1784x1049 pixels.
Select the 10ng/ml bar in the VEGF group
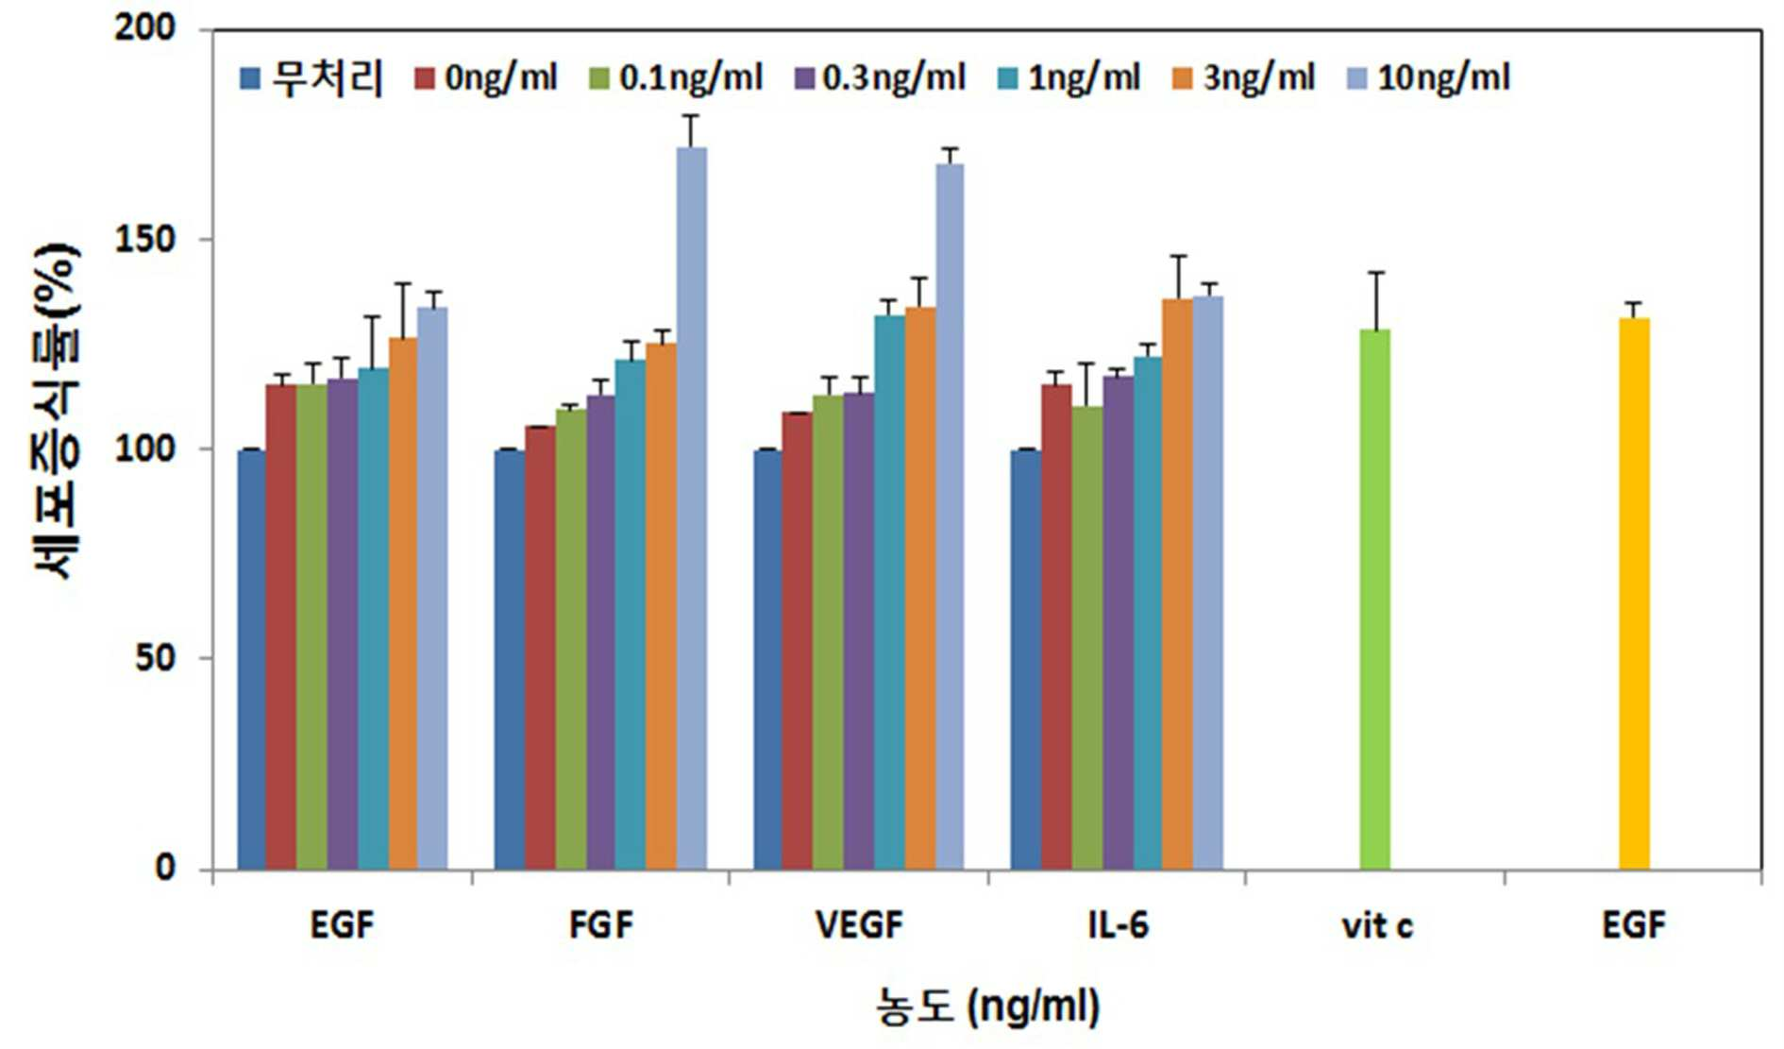click(950, 516)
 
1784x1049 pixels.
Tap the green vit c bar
click(1375, 600)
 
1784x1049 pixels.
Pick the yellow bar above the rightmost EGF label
click(1635, 594)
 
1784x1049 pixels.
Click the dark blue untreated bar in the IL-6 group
click(1025, 660)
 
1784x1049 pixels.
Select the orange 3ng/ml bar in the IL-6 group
click(1178, 584)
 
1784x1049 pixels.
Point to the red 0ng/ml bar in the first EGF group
click(281, 627)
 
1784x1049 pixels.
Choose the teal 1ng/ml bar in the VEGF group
click(889, 592)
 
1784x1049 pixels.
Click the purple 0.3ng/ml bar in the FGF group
click(600, 633)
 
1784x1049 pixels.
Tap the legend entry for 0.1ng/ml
click(676, 77)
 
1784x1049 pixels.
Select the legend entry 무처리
click(312, 77)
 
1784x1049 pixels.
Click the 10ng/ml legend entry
click(1426, 77)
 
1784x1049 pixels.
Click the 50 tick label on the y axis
click(156, 658)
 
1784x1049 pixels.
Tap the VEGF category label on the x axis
click(859, 925)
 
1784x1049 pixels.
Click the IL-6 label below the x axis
click(1118, 925)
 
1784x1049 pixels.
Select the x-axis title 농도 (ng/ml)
click(987, 1007)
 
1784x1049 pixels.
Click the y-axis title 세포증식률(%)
click(57, 411)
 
